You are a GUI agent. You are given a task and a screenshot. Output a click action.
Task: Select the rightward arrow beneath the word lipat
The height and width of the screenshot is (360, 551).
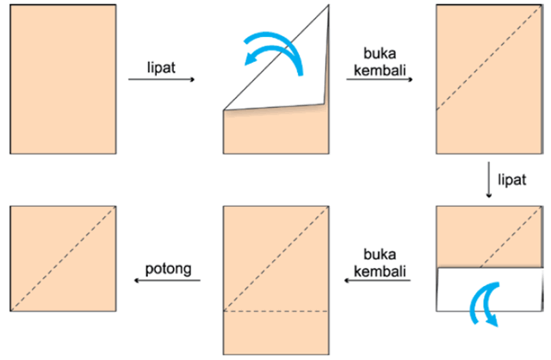pyautogui.click(x=161, y=80)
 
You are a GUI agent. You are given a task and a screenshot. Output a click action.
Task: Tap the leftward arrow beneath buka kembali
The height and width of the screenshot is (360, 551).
pyautogui.click(x=376, y=281)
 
